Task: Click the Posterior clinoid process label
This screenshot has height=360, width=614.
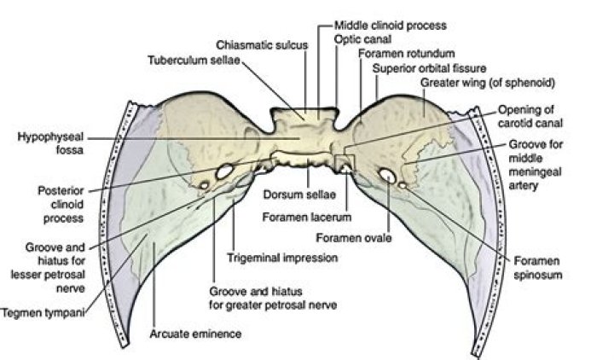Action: tap(59, 202)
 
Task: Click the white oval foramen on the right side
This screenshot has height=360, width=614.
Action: tap(387, 176)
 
